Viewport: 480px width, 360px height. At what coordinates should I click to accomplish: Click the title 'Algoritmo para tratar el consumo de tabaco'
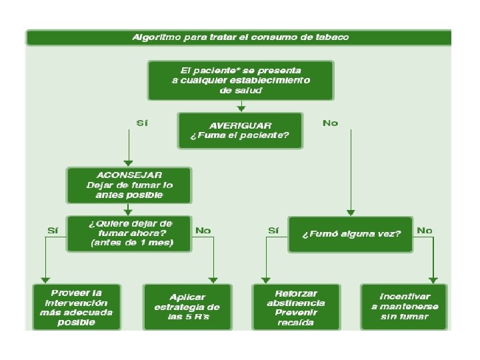(240, 37)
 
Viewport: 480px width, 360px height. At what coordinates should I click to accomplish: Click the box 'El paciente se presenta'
(241, 80)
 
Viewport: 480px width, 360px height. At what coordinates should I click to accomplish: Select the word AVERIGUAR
(240, 125)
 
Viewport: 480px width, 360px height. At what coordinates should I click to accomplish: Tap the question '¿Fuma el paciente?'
(240, 136)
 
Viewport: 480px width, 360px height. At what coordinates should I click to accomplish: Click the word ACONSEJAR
(129, 175)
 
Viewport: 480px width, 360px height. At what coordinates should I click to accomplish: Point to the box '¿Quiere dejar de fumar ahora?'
(129, 233)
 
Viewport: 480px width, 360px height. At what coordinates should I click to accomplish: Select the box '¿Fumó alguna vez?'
(351, 234)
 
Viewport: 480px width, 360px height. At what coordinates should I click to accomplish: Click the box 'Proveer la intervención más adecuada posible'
(77, 307)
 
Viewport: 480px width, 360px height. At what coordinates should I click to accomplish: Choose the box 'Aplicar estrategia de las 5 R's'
(187, 307)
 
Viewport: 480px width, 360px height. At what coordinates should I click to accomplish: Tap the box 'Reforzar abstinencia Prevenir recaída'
(296, 307)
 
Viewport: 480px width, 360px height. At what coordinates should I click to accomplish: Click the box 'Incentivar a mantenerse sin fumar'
(405, 307)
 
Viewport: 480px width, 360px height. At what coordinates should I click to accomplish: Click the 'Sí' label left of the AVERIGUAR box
(141, 123)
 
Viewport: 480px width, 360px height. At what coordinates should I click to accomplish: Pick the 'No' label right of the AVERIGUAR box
(330, 123)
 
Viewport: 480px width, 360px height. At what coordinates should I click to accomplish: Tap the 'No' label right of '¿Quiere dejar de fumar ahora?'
(203, 230)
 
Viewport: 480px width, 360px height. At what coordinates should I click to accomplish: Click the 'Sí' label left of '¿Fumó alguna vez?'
(273, 230)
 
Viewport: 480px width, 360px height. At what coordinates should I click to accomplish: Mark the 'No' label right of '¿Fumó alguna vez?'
(424, 230)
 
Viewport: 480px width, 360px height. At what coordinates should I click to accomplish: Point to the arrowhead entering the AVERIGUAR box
(241, 108)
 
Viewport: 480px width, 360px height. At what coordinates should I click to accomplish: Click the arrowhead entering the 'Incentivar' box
(433, 280)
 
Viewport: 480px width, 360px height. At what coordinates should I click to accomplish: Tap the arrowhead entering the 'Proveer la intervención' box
(45, 280)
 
